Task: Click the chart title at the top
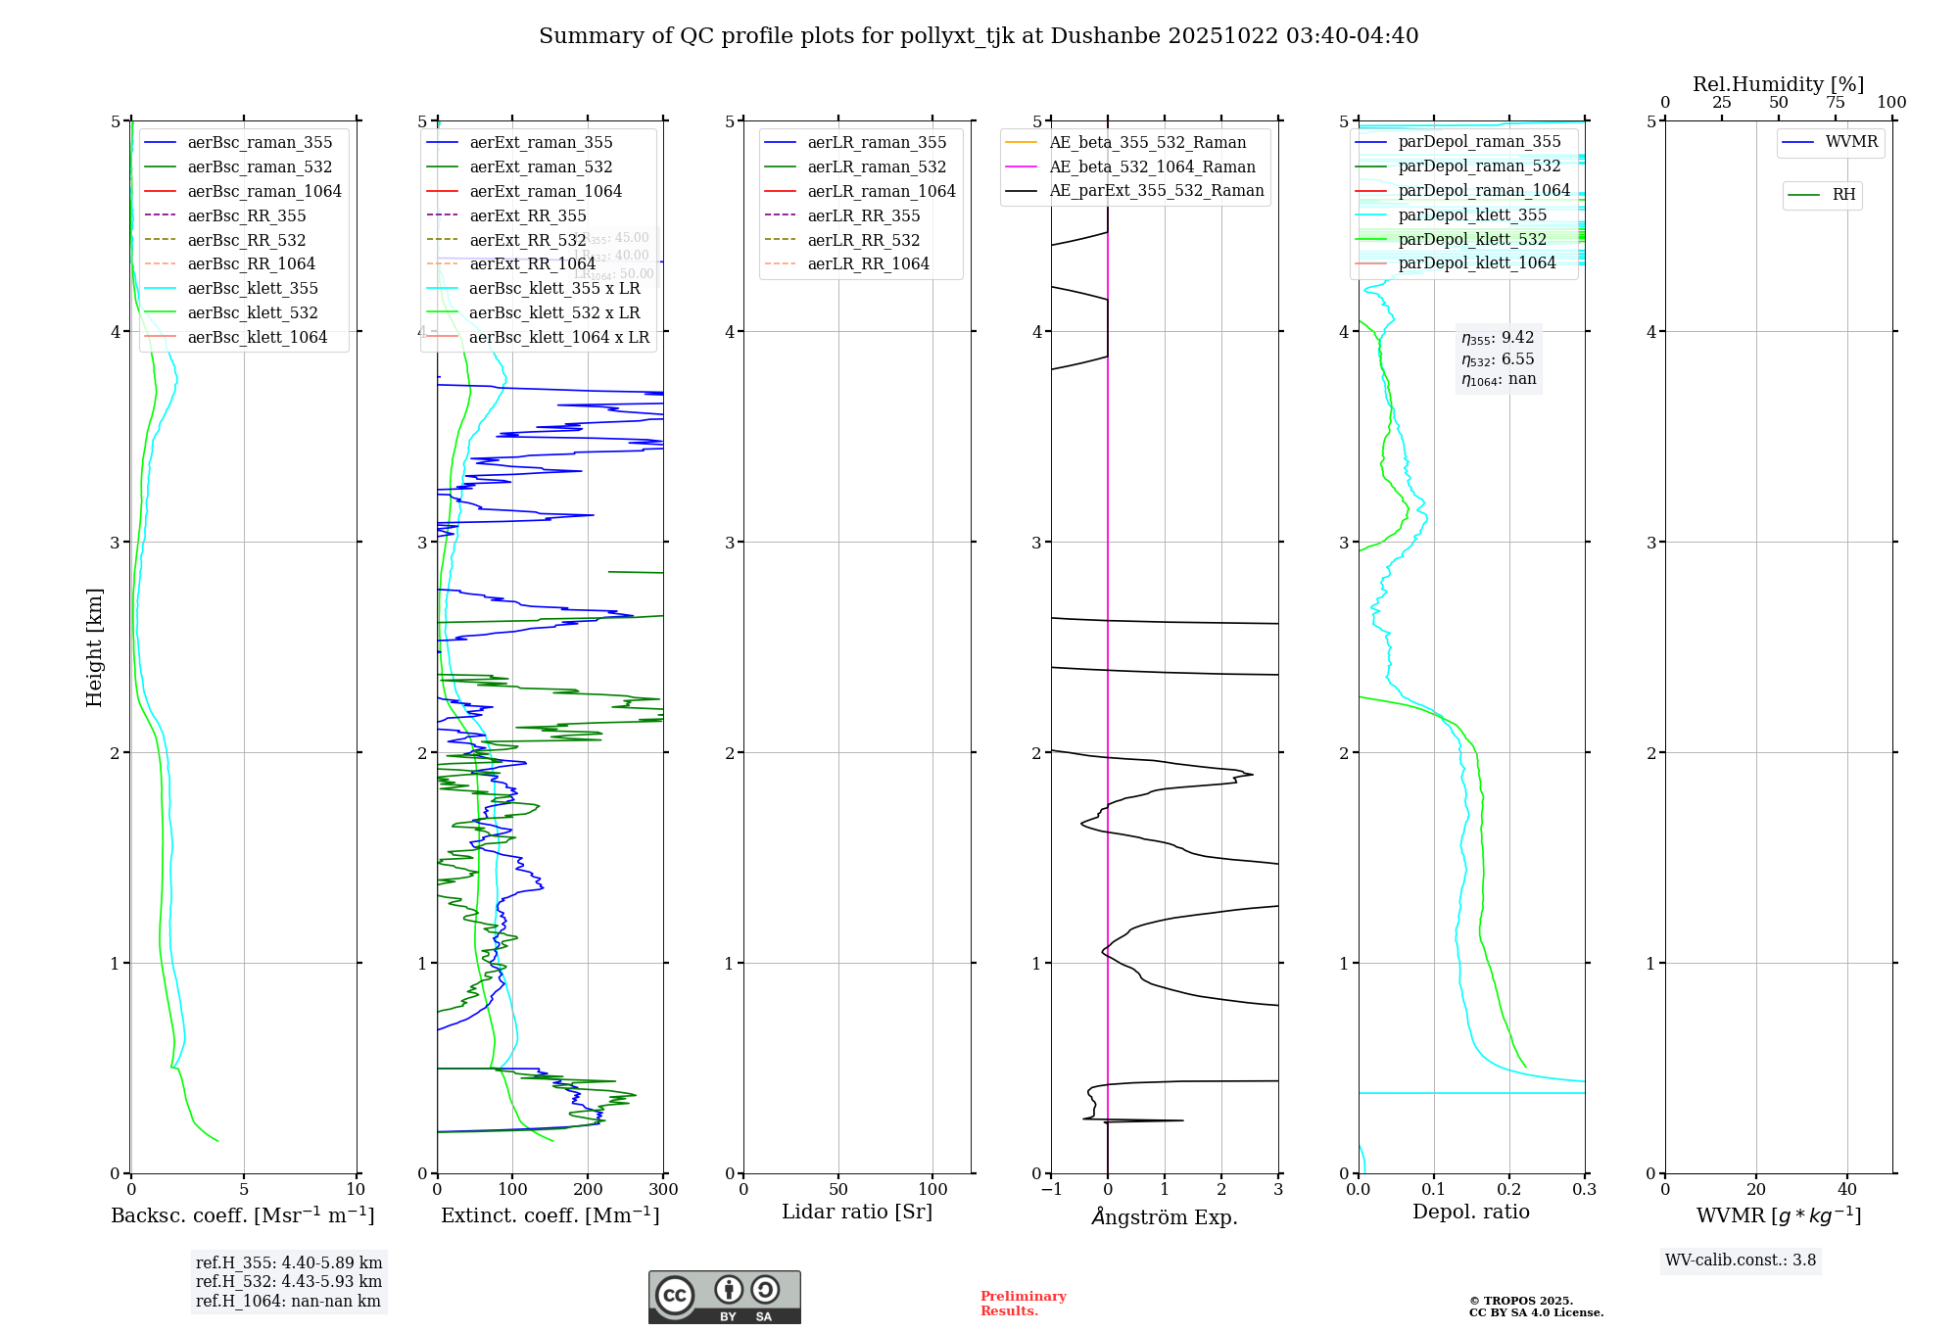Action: click(x=979, y=36)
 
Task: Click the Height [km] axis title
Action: click(x=94, y=646)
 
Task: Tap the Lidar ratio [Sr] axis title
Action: click(x=857, y=1212)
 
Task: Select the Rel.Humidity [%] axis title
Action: click(x=1778, y=84)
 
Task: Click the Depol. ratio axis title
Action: click(x=1470, y=1212)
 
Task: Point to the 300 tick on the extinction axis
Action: click(x=663, y=1189)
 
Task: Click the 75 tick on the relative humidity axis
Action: click(x=1835, y=103)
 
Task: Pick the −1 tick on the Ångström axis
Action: click(x=1051, y=1189)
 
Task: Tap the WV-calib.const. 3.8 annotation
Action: click(x=1740, y=1261)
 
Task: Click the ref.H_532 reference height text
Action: click(x=289, y=1281)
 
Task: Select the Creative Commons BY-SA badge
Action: click(x=724, y=1297)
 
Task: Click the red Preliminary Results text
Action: click(x=1023, y=1304)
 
